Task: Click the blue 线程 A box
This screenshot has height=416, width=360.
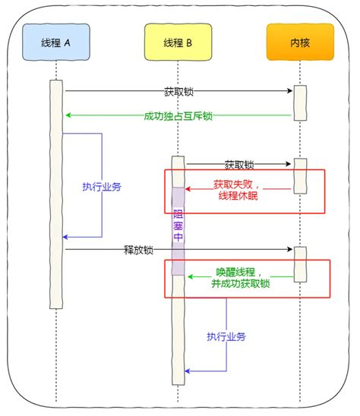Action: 55,43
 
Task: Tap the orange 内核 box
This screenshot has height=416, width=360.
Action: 299,43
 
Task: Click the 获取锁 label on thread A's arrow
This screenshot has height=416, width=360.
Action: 179,92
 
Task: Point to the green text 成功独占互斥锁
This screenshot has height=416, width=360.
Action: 179,116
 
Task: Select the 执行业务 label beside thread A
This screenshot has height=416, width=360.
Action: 102,186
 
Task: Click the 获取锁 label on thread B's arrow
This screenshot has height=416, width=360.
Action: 238,164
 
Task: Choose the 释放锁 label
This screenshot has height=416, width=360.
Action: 139,250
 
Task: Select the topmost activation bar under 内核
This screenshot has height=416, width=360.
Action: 300,102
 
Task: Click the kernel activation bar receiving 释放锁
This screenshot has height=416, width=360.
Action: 300,262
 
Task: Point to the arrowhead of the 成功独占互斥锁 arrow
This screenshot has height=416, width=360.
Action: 68,115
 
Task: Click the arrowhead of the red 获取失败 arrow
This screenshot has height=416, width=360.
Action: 190,190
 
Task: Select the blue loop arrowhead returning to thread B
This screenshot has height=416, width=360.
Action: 189,371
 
